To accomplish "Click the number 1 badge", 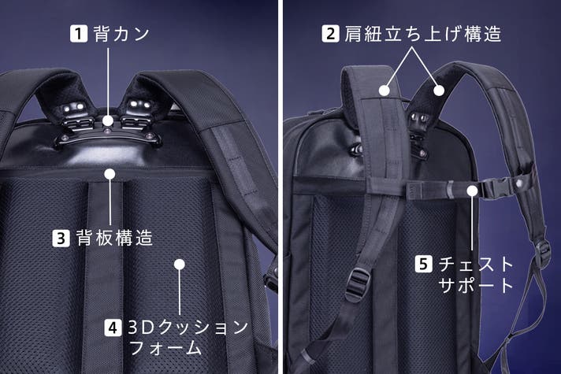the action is click(79, 34).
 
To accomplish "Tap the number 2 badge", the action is click(331, 34).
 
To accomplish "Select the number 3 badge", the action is click(61, 238).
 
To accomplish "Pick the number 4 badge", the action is click(113, 328).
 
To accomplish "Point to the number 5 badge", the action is click(424, 264).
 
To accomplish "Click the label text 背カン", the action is click(121, 34).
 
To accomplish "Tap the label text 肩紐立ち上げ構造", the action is click(422, 34).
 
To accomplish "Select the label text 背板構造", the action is click(114, 238).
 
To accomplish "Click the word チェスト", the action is click(476, 265).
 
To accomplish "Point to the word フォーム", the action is click(165, 347).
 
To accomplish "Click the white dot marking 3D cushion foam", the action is click(179, 265).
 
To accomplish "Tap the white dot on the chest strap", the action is click(472, 191).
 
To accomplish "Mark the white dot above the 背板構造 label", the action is click(110, 174).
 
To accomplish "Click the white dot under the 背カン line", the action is click(107, 120).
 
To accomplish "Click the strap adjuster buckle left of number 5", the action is click(356, 286).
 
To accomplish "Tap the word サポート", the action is click(476, 285).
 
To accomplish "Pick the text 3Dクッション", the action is click(188, 328).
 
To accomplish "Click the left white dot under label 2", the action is click(385, 90).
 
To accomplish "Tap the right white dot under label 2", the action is click(439, 90).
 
